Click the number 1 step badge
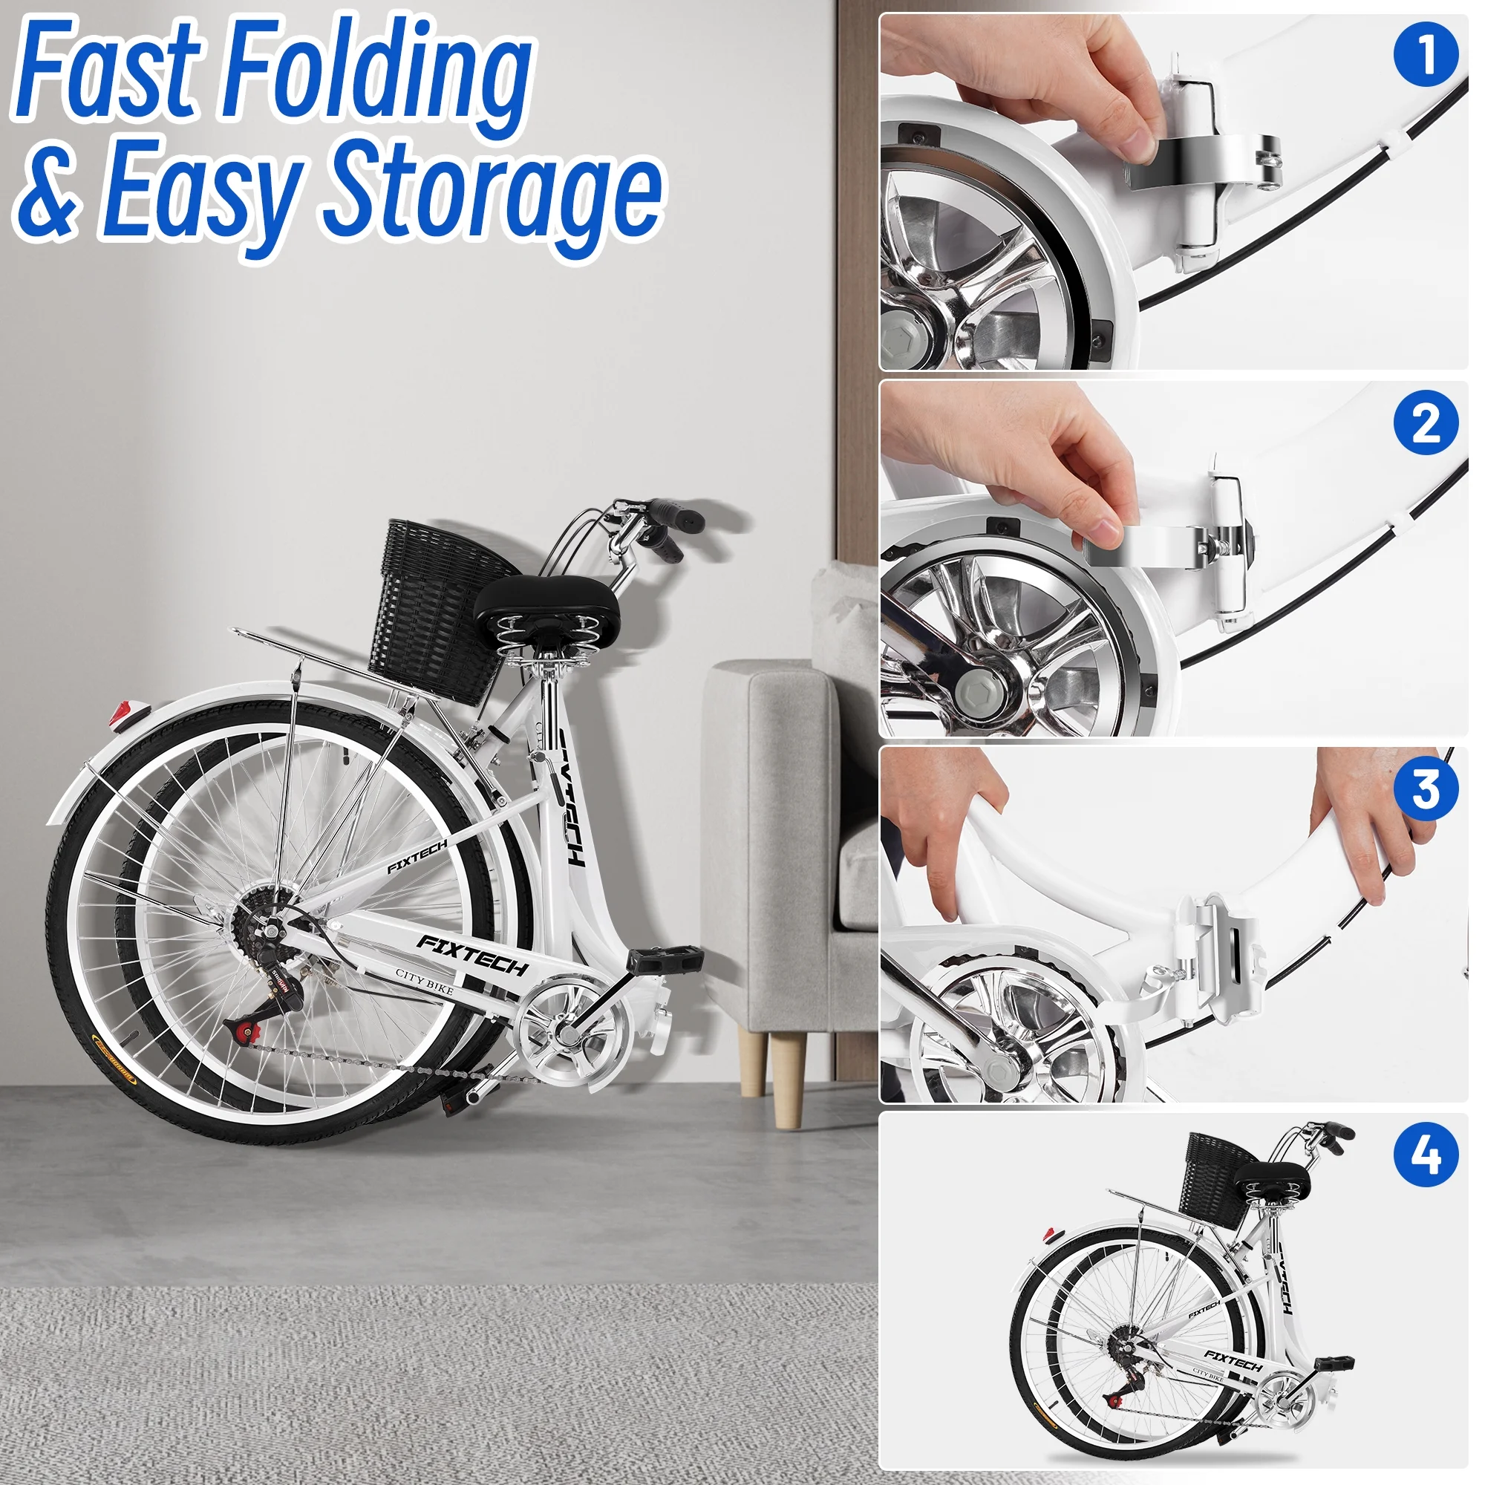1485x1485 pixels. point(1425,53)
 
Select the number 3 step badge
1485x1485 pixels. point(1425,789)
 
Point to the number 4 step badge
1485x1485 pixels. point(1425,1155)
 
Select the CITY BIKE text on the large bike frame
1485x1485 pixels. point(424,982)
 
